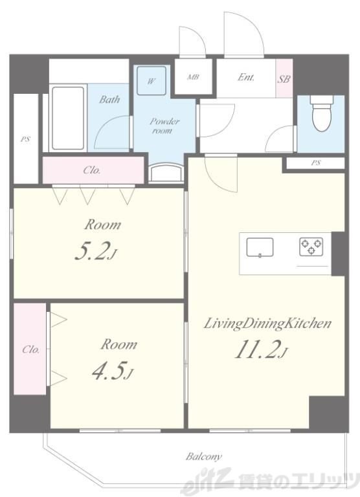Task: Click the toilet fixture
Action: tap(322, 113)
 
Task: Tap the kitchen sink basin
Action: tap(260, 247)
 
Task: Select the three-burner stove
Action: tap(311, 247)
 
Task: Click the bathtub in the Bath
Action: tap(68, 118)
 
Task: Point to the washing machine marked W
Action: tap(152, 81)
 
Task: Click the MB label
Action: tap(193, 77)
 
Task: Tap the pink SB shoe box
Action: tap(284, 78)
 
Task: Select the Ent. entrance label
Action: tap(246, 77)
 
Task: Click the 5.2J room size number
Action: tap(96, 250)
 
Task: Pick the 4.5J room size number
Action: tap(112, 370)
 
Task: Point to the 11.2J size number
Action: tap(261, 349)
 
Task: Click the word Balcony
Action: tap(203, 456)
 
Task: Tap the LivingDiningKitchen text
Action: tap(267, 324)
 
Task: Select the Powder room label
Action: tap(164, 126)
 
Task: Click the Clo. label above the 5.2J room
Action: tap(92, 170)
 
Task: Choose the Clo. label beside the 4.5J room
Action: tap(31, 349)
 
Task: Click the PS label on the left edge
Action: tap(25, 139)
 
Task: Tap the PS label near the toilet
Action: tap(315, 163)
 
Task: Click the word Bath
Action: tap(109, 100)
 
